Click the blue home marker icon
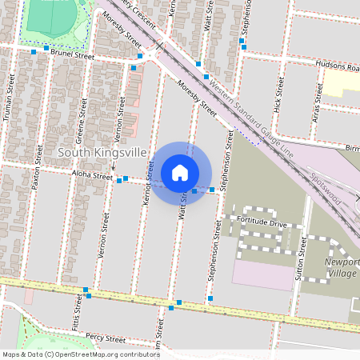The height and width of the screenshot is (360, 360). coord(180,172)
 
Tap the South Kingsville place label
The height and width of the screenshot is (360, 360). coord(101,152)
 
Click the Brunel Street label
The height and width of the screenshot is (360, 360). coord(72,57)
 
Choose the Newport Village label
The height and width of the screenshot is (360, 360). coord(342,268)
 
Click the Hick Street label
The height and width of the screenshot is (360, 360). coord(279,94)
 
